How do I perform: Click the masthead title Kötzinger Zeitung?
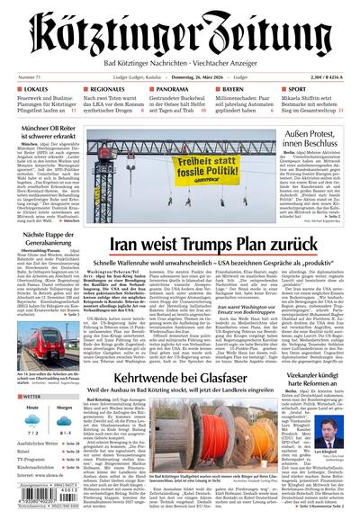(180, 31)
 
